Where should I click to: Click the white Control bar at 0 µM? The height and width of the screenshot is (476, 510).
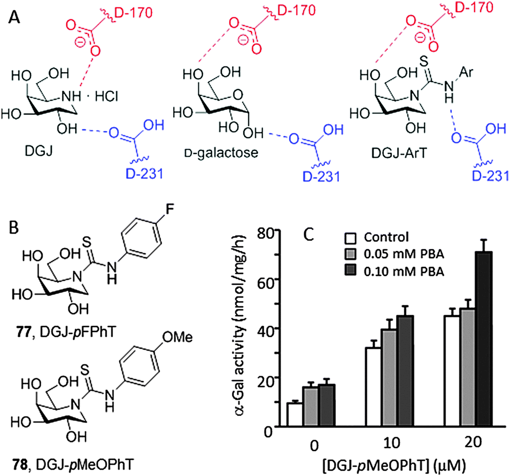point(294,414)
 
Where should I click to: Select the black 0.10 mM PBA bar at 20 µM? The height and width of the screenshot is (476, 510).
point(484,339)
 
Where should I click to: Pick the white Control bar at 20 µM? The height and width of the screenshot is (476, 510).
point(452,371)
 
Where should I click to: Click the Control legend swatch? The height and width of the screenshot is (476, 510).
point(350,238)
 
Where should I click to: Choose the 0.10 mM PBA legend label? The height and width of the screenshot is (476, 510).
point(404,271)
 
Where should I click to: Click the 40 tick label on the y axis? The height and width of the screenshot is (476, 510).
point(264,328)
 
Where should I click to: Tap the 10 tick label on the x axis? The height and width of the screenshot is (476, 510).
point(392,443)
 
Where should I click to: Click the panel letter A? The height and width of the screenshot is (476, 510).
point(14,17)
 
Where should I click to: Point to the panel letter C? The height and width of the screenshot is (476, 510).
point(308,234)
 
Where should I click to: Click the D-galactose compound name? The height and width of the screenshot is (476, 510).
point(221,152)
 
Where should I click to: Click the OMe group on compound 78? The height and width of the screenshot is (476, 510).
point(177,337)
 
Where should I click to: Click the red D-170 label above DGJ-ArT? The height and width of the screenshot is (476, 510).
point(474,8)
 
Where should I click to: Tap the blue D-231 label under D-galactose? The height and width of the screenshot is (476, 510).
point(321,176)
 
